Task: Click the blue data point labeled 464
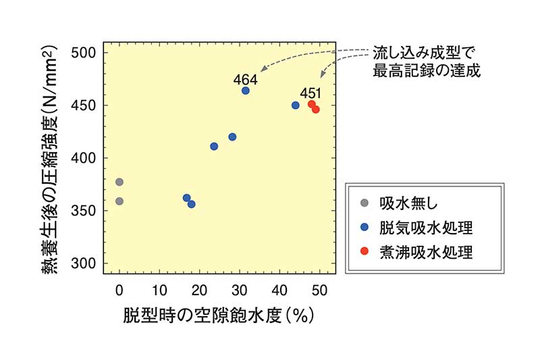coord(246,91)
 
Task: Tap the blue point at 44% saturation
coord(296,105)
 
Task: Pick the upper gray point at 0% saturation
coord(119,182)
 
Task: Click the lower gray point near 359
coord(119,201)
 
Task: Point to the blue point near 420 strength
coord(232,137)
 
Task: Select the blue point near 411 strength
coord(214,147)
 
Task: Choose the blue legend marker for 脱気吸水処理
coord(364,227)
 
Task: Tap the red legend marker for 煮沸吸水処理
coord(364,252)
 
